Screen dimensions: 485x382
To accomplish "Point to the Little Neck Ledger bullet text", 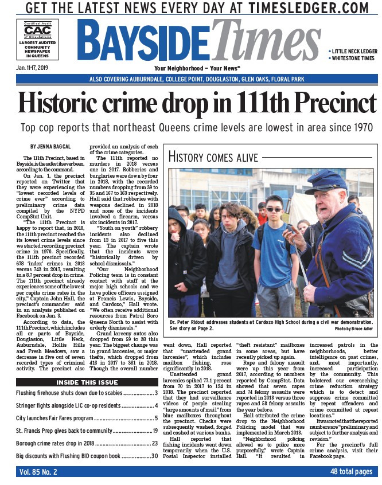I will pos(353,51).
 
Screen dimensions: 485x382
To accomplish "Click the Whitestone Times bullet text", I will pos(353,58).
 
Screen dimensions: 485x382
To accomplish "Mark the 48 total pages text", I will pos(351,471).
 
